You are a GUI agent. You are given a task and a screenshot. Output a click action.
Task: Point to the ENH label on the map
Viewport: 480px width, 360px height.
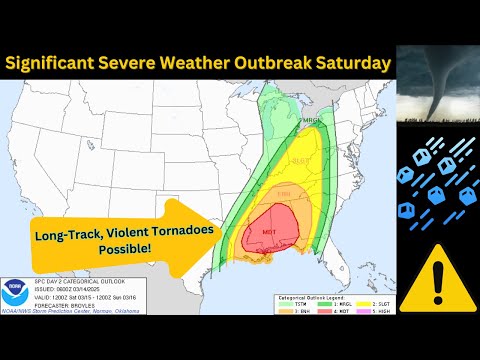coord(284,192)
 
